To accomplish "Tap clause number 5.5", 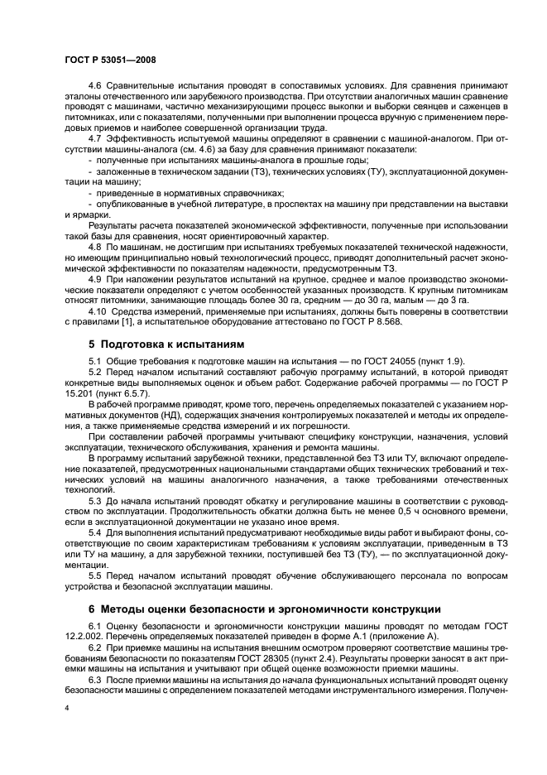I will tap(95, 576).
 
